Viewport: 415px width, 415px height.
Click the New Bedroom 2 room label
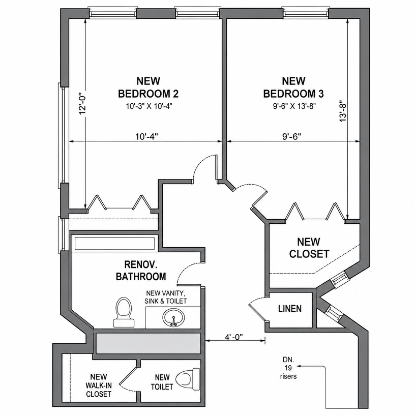tap(148, 87)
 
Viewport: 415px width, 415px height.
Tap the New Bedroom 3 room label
tap(293, 87)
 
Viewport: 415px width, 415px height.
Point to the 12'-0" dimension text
tap(83, 105)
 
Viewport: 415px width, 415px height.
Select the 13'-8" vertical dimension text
tap(343, 111)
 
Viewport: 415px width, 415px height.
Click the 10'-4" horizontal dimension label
tap(146, 137)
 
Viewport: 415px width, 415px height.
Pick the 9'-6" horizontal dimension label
tap(292, 137)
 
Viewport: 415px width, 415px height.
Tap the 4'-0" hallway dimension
tap(234, 337)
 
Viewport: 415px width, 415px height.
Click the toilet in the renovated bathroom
tap(124, 312)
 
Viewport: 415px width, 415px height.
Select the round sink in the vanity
tap(173, 317)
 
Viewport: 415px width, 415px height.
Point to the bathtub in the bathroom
tap(114, 244)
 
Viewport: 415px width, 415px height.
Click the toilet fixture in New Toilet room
tap(188, 378)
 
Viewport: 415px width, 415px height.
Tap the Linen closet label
tap(290, 309)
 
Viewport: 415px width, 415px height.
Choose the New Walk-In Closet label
tap(99, 385)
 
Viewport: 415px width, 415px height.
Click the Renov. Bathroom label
tap(141, 271)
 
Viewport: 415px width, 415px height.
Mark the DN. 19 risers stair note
tap(288, 368)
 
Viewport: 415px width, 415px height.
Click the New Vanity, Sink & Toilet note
tap(166, 297)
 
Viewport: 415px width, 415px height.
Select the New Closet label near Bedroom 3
tap(309, 248)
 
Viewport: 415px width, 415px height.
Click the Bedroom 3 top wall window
tap(307, 13)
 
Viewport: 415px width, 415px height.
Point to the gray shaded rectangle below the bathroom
tap(149, 343)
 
